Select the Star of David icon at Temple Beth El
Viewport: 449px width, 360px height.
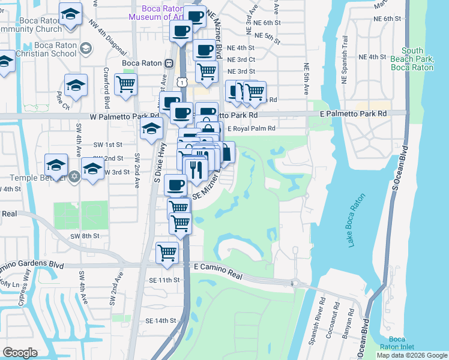[x=74, y=177]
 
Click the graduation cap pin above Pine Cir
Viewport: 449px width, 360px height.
[x=76, y=85]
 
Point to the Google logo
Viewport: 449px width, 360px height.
[x=20, y=352]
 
